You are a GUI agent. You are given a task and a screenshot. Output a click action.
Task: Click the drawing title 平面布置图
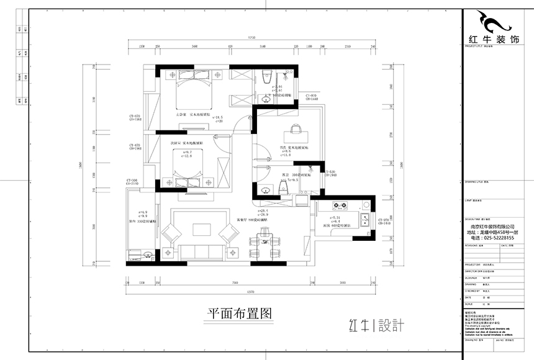click(239, 314)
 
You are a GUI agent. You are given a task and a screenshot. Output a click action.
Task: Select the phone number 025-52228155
click(493, 238)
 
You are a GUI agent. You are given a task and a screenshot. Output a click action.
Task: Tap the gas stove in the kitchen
click(341, 206)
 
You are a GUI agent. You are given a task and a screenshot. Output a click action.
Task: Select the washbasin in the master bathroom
click(286, 74)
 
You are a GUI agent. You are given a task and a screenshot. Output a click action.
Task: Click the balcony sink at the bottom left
click(147, 254)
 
